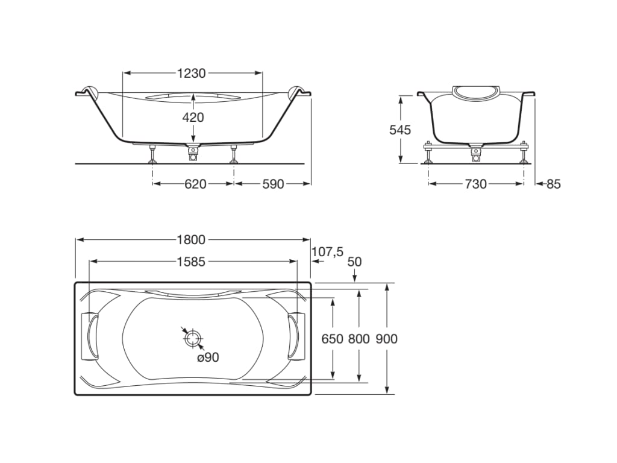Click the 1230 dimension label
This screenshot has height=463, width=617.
(x=192, y=73)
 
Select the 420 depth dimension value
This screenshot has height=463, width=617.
(x=193, y=117)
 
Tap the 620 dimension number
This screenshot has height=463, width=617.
(x=196, y=184)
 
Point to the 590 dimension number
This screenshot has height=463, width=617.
(x=273, y=184)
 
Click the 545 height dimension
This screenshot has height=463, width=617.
(x=400, y=130)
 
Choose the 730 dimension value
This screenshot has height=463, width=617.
(x=476, y=184)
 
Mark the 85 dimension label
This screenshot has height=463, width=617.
(x=554, y=184)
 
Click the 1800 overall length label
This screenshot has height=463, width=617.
(x=191, y=240)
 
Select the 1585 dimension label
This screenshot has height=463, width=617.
(x=191, y=262)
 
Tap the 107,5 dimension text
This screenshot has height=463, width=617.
(x=328, y=251)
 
